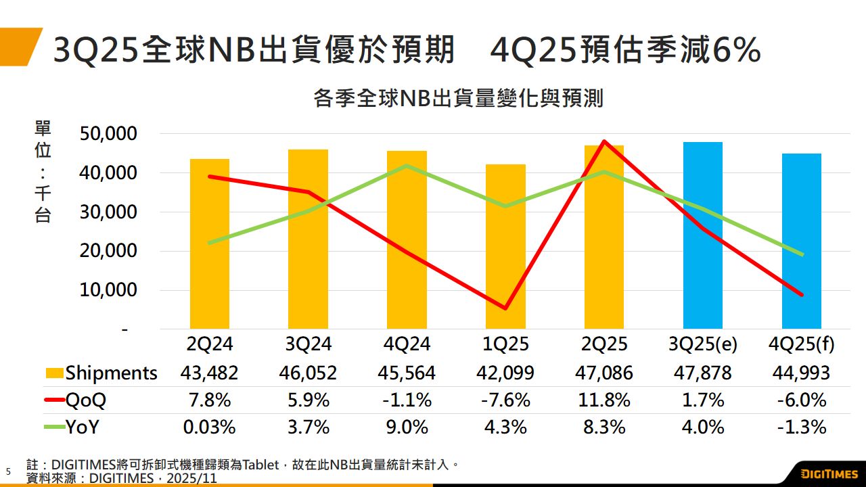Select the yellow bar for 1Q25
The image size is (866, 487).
point(505,247)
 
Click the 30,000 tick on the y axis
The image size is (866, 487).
point(110,212)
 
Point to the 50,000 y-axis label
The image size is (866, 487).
point(110,134)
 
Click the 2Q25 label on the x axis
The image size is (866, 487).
point(604,344)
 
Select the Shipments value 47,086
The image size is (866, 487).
point(604,373)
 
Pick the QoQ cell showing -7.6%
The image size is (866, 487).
point(505,400)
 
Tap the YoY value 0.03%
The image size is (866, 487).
point(210,427)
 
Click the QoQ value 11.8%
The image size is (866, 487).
point(604,400)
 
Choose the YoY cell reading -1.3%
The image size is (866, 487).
point(801,427)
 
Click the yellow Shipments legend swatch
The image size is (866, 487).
point(54,373)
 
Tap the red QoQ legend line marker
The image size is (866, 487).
point(54,400)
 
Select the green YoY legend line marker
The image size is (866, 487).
point(54,427)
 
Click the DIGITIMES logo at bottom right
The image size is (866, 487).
point(829,473)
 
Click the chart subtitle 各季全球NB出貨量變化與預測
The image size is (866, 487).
point(458,99)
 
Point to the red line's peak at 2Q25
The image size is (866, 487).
point(603,141)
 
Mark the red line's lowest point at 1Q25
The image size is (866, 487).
point(505,308)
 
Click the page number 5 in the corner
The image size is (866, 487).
point(9,471)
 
